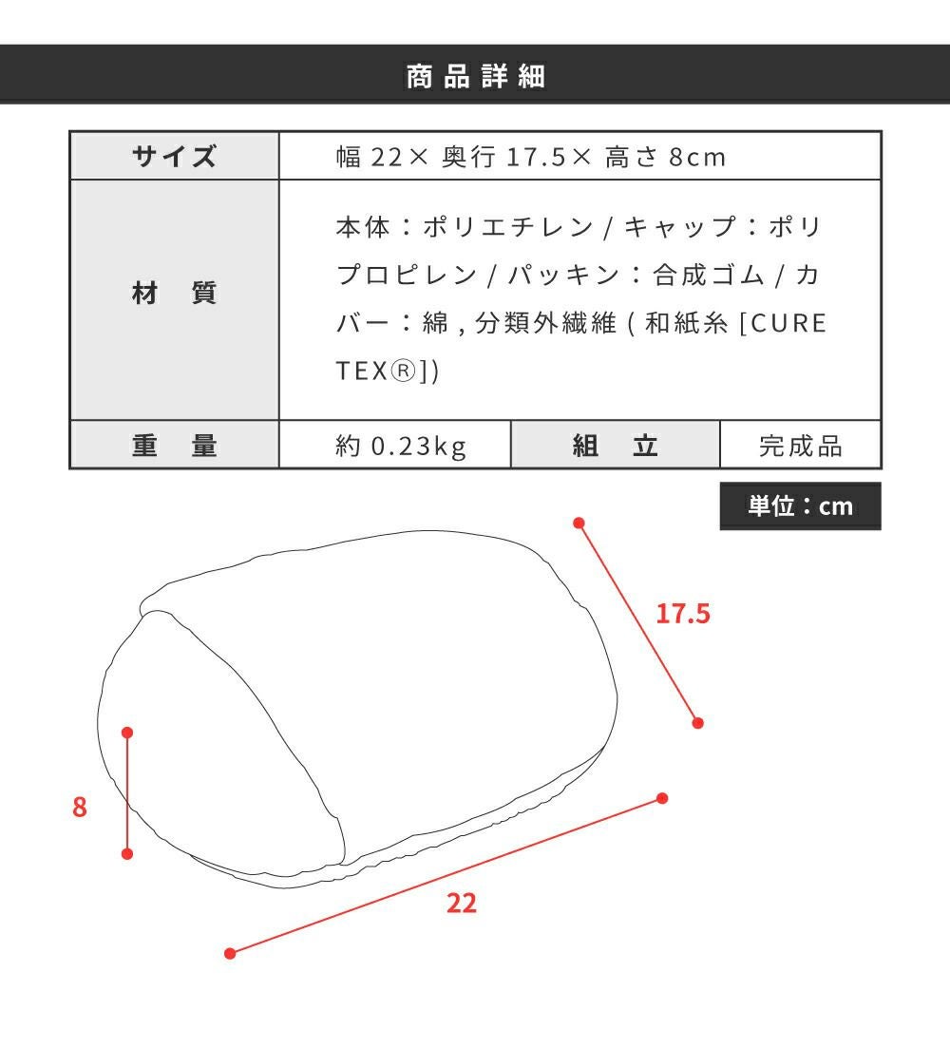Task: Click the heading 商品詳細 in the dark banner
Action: click(x=475, y=76)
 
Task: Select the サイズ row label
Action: click(x=175, y=157)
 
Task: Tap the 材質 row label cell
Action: click(x=175, y=300)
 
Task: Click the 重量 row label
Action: click(x=175, y=445)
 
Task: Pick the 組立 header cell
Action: click(x=616, y=445)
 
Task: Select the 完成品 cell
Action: click(x=800, y=445)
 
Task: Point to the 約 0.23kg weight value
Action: click(x=401, y=446)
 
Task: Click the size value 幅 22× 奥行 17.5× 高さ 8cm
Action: click(x=530, y=157)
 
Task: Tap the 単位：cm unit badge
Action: click(x=800, y=506)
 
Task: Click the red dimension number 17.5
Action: click(x=683, y=614)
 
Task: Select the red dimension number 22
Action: click(x=462, y=903)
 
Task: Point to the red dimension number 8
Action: click(x=80, y=807)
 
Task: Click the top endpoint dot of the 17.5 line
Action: click(x=579, y=523)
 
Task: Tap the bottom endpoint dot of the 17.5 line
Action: click(x=698, y=722)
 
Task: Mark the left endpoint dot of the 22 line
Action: click(x=231, y=953)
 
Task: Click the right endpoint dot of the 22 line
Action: click(x=662, y=798)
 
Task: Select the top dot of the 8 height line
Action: click(x=127, y=733)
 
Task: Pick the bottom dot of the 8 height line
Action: click(x=127, y=853)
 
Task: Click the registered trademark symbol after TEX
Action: click(x=403, y=371)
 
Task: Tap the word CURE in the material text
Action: click(x=789, y=323)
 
